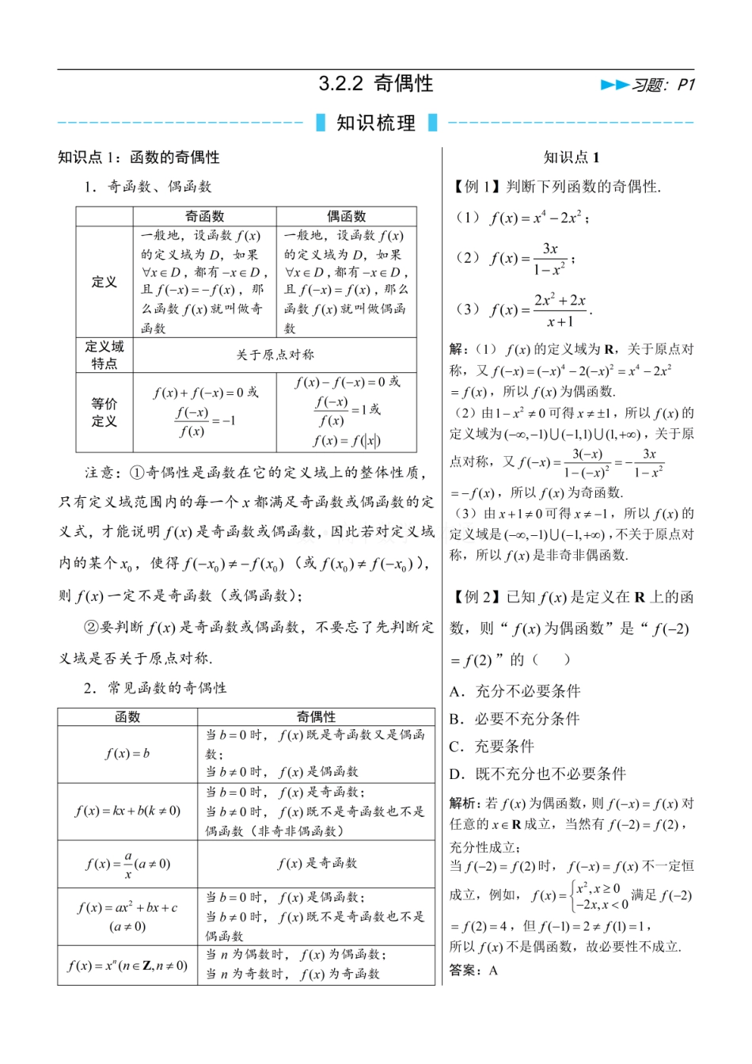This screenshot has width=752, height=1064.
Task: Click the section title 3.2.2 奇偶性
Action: coord(376,84)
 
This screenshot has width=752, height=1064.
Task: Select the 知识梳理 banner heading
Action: coord(376,123)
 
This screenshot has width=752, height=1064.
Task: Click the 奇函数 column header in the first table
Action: coord(204,216)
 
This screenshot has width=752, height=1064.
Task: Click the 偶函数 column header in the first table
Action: coord(347,216)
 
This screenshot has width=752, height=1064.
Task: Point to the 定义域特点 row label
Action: coord(104,355)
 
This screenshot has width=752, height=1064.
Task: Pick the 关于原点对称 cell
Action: coord(275,355)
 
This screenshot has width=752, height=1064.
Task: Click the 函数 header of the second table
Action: coord(127,716)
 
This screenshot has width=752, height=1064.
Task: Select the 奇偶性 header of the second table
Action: coord(316,716)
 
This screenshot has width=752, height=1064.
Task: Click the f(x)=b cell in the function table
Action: coord(127,754)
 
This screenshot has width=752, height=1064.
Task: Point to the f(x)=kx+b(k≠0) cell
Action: coord(127,811)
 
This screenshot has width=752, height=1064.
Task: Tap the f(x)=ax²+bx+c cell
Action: coord(127,916)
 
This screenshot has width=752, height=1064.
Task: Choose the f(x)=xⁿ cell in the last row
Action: coord(127,965)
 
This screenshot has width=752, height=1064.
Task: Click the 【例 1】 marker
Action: coord(476,187)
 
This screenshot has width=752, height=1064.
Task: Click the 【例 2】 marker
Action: coord(476,598)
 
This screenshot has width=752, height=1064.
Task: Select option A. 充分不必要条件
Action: coord(515,691)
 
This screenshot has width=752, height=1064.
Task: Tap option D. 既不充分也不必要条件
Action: coord(538,774)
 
